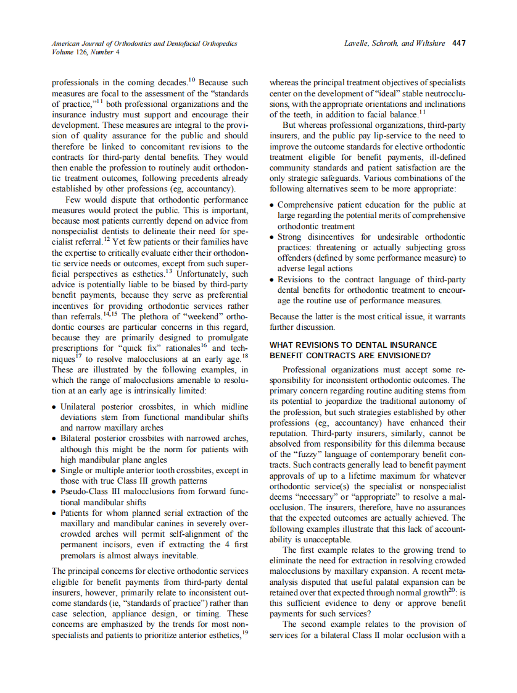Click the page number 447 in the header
pos(458,43)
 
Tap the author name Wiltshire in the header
pos(430,43)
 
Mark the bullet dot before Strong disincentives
pos(273,237)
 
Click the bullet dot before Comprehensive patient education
pos(273,204)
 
